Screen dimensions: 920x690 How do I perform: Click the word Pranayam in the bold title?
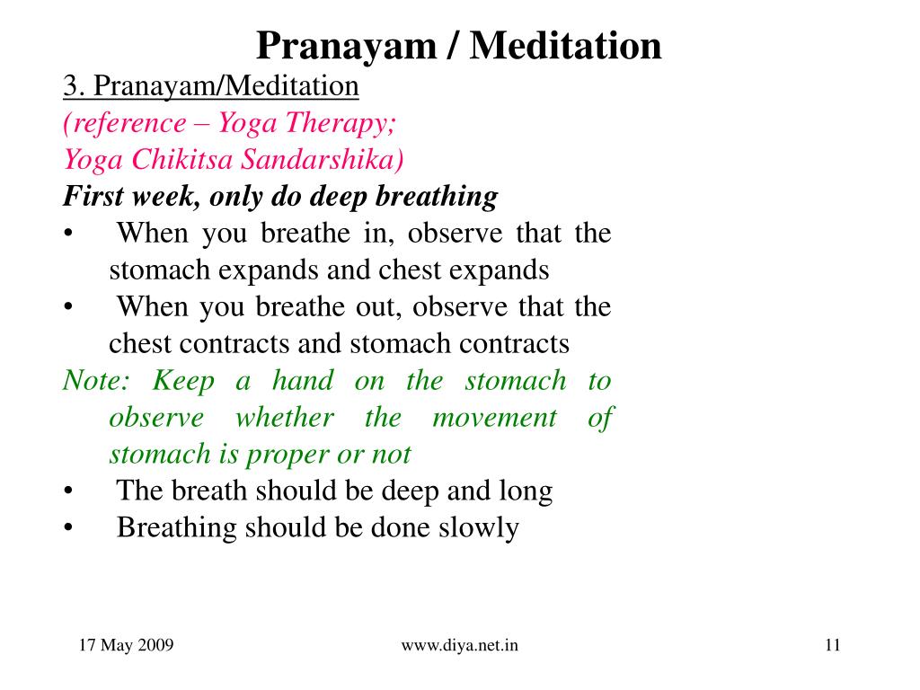pos(347,47)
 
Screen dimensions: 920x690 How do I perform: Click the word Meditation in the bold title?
pos(566,46)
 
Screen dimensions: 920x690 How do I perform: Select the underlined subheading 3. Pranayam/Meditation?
pos(210,86)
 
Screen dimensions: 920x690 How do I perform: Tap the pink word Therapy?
pos(341,124)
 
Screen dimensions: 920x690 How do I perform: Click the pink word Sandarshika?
pos(323,160)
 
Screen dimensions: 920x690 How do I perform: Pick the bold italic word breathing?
pos(437,197)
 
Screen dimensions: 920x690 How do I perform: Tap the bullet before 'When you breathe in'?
pos(68,234)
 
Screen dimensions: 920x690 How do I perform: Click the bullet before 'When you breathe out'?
pos(68,307)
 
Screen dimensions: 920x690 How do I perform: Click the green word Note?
pos(95,380)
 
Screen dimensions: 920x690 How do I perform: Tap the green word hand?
pos(303,380)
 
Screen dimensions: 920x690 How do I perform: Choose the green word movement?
pos(494,418)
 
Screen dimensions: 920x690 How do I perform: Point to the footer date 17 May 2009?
pos(126,645)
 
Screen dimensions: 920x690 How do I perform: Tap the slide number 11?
pos(833,645)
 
